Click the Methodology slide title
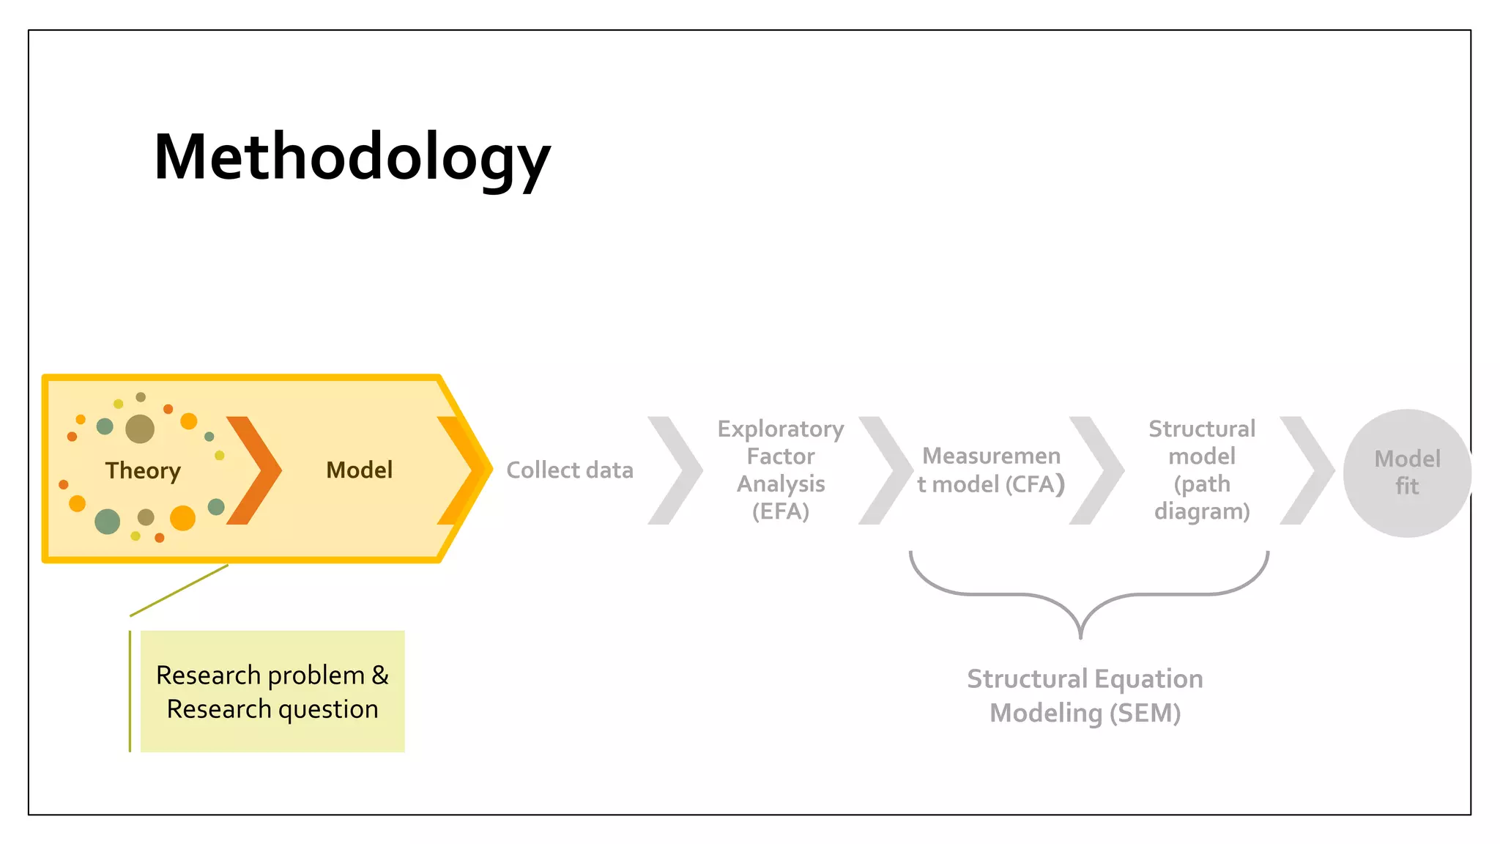(x=352, y=158)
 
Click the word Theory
(x=143, y=470)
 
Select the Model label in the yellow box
(x=359, y=470)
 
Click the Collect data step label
(x=570, y=470)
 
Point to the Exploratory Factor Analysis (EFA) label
(x=781, y=470)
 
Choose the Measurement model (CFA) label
(x=991, y=470)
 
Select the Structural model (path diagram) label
(x=1202, y=470)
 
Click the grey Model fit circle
(x=1407, y=473)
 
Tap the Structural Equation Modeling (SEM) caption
(x=1085, y=695)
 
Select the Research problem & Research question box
(x=272, y=692)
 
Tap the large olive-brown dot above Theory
(x=140, y=429)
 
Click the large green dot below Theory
(x=108, y=522)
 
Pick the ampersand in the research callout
(x=380, y=675)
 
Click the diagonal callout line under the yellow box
(x=179, y=591)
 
